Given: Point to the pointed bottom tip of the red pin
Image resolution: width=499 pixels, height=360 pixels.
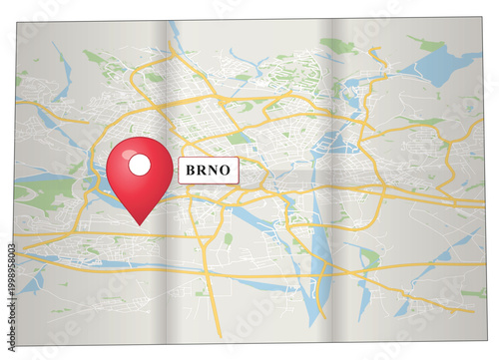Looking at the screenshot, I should click(x=140, y=222).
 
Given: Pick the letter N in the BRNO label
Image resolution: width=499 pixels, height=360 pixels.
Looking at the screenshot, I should click(x=214, y=171).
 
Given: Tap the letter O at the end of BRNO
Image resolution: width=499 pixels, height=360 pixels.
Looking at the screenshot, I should click(x=226, y=171).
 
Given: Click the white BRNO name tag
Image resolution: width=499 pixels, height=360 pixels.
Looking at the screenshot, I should click(x=208, y=171).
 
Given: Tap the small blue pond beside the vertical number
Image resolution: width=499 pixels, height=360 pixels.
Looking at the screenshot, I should click(x=33, y=282).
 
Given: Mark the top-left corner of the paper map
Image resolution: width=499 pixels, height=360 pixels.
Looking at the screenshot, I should click(x=17, y=21).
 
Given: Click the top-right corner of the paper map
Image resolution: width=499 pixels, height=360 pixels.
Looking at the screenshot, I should click(x=483, y=17).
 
